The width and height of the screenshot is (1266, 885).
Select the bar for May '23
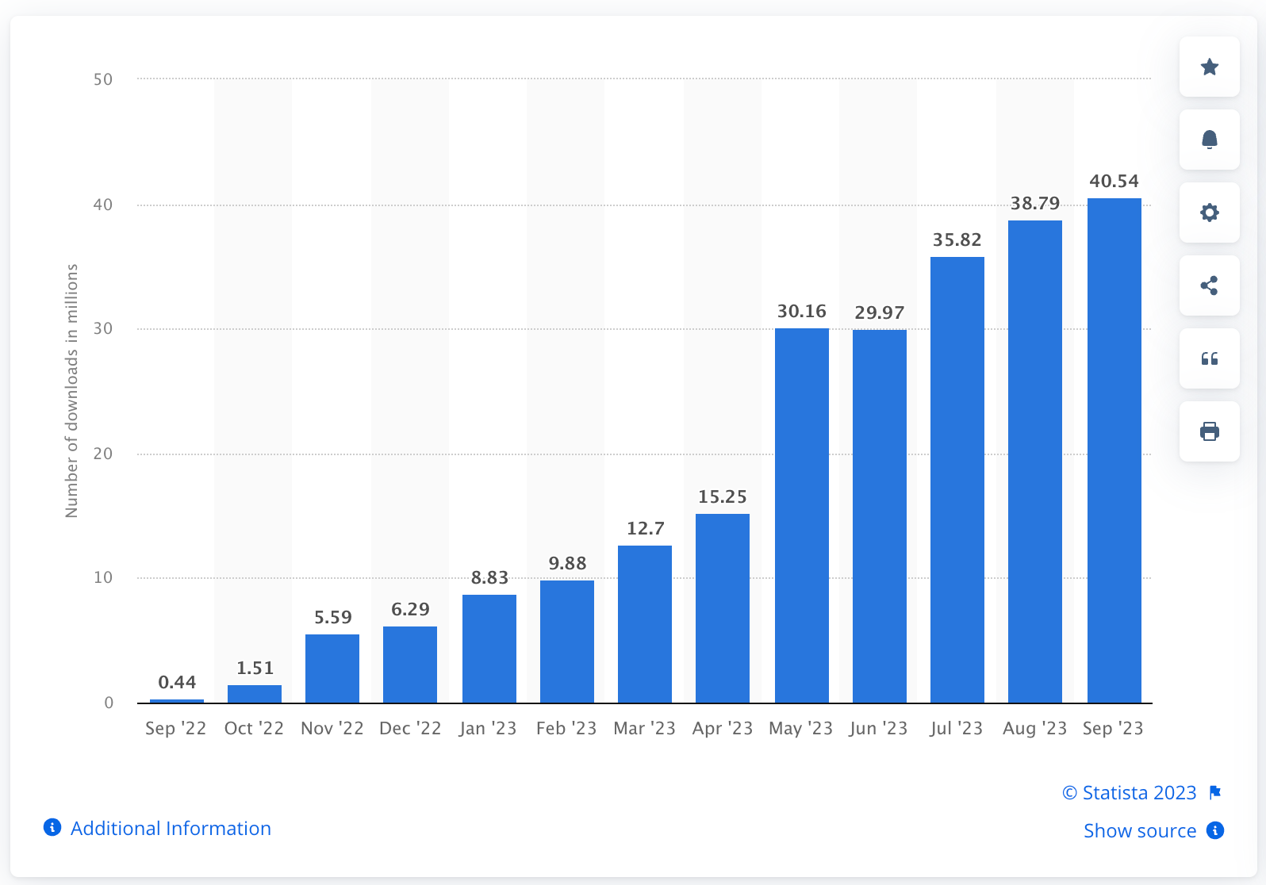click(x=801, y=515)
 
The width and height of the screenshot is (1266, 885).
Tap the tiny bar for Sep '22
click(x=177, y=701)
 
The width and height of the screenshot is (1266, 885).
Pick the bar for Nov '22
click(x=332, y=669)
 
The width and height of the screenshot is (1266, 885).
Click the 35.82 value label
click(x=957, y=239)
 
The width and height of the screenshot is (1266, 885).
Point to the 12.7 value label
click(x=645, y=528)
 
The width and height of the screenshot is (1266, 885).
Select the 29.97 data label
click(x=879, y=312)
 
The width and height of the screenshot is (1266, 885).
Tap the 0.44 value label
click(x=177, y=682)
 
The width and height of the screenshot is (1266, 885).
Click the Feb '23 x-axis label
click(x=566, y=728)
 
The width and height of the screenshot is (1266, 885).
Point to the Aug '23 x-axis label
click(x=1034, y=728)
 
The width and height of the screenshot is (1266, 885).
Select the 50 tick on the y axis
click(x=103, y=79)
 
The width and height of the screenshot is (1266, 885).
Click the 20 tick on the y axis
click(x=103, y=454)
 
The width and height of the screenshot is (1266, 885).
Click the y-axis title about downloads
click(x=72, y=390)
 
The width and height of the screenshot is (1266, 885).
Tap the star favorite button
click(x=1209, y=67)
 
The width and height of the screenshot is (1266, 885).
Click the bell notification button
click(x=1209, y=140)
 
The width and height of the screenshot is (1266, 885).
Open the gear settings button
click(x=1209, y=213)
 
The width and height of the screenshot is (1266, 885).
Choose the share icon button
click(x=1209, y=285)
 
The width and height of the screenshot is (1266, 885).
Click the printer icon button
click(x=1209, y=431)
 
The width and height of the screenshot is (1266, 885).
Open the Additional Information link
click(x=171, y=828)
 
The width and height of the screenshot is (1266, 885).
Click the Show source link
click(x=1140, y=830)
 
